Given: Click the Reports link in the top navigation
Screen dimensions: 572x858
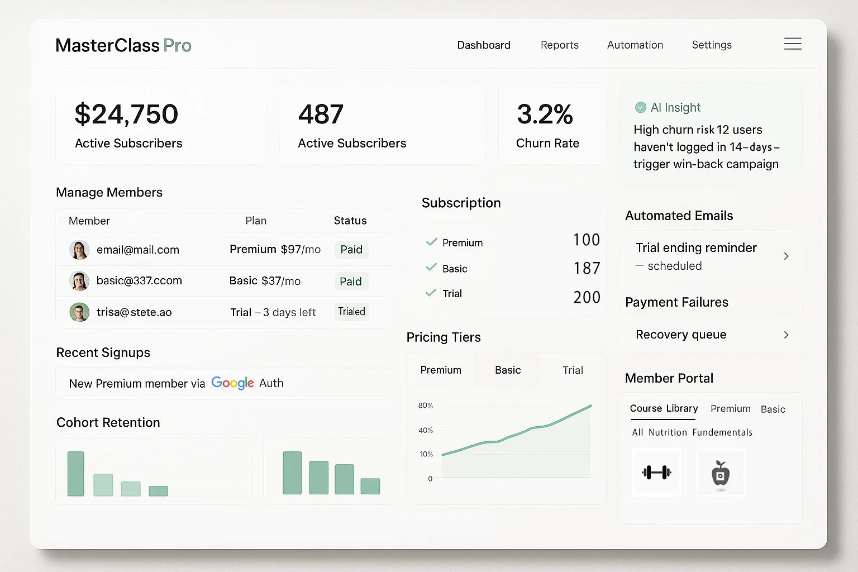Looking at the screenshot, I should (559, 45).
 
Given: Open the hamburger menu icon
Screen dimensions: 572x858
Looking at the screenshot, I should (793, 44).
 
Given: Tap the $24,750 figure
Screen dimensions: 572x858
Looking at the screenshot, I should (126, 115).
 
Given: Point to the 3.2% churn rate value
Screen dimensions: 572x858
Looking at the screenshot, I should (545, 115).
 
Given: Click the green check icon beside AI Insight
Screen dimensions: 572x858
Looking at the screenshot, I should (640, 107).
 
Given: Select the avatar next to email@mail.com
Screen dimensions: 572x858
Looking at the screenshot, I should (79, 250).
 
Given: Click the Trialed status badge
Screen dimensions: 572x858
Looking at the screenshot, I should (351, 312).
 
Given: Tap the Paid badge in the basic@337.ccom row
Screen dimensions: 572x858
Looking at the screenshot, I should (351, 282).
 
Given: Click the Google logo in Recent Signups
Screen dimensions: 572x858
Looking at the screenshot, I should (232, 383).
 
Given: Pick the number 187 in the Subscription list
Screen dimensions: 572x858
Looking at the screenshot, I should (587, 269).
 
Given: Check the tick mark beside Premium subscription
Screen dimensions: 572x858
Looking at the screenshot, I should (431, 242).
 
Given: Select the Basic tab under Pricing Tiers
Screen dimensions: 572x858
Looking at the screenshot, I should (507, 370).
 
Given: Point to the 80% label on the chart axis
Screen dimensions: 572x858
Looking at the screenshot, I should (426, 406).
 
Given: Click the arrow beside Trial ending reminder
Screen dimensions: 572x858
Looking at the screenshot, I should (786, 256).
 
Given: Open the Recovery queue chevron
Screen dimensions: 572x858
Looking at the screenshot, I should (786, 335).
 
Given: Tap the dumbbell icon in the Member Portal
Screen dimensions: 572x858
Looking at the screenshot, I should (656, 473).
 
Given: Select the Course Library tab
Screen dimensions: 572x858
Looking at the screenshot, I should (664, 408).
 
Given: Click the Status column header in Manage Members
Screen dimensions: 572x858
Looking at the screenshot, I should (350, 221).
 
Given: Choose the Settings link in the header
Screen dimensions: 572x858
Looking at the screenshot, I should (711, 45).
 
